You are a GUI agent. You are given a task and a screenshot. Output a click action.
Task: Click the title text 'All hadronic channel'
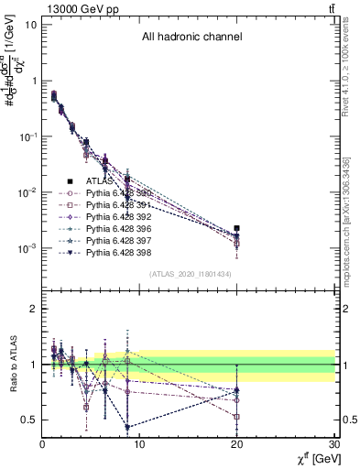(x=191, y=38)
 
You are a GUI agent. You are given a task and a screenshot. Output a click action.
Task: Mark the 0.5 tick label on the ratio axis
(x=27, y=420)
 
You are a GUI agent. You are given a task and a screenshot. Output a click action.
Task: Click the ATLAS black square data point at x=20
(x=237, y=228)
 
